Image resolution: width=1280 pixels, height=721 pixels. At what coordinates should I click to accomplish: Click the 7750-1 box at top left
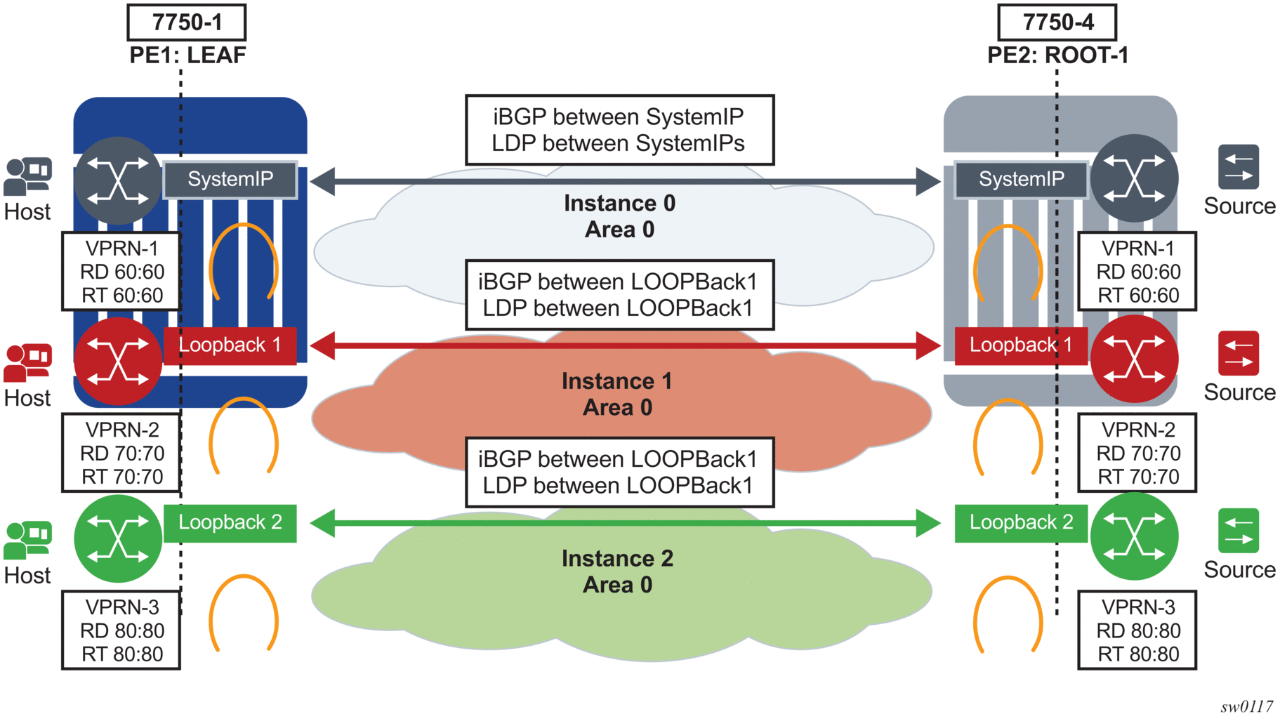(x=187, y=22)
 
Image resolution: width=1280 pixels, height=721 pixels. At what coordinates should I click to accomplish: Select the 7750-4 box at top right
(x=1057, y=22)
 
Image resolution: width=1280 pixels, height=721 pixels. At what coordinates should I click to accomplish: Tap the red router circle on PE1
(x=118, y=361)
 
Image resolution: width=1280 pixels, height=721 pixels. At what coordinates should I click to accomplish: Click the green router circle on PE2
(x=1134, y=536)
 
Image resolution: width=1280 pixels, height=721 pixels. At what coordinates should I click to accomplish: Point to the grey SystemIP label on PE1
(x=230, y=180)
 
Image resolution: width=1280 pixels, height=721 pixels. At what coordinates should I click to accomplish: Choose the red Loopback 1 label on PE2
(x=1021, y=345)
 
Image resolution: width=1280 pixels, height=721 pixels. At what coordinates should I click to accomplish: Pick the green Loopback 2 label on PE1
(x=230, y=523)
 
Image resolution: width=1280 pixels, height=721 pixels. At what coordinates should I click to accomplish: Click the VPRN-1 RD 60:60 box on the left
(x=121, y=272)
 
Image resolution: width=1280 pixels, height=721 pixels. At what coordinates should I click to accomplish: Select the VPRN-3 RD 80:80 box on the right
(x=1137, y=630)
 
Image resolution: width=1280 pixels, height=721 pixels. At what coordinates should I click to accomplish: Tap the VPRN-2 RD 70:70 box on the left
(x=121, y=453)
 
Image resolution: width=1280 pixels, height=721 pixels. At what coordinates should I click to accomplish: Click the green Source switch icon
(x=1239, y=531)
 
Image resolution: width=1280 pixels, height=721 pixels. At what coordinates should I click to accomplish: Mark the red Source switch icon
(x=1239, y=353)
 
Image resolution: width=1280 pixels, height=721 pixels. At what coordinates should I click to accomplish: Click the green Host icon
(x=27, y=539)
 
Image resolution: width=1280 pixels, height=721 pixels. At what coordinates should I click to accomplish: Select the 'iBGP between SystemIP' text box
(x=619, y=130)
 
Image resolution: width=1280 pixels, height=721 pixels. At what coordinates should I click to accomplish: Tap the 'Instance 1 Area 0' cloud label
(x=617, y=394)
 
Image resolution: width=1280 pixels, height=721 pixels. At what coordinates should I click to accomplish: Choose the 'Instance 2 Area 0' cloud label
(x=617, y=571)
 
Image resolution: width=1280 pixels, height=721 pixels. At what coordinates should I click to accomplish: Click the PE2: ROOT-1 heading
(x=1057, y=55)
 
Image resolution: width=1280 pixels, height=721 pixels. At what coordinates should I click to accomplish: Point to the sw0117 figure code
(x=1246, y=706)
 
